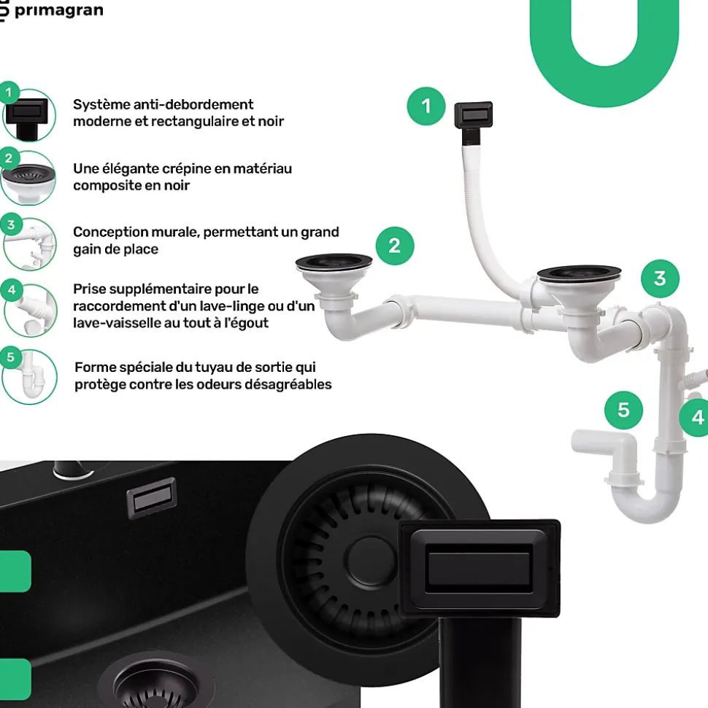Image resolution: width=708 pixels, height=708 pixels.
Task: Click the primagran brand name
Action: (x=59, y=10)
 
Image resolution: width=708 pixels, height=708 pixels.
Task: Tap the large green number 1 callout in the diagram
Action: (x=426, y=106)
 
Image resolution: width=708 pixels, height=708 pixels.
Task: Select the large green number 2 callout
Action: (x=395, y=246)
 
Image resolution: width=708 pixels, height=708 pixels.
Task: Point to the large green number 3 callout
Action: (x=660, y=279)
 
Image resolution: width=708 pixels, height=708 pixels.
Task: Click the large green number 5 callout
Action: (x=623, y=410)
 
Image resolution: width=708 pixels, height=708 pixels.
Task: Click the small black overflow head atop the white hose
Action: (x=474, y=114)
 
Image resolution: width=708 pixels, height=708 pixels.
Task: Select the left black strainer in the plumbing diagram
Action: (x=334, y=262)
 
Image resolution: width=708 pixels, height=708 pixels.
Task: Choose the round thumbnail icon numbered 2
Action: (x=28, y=178)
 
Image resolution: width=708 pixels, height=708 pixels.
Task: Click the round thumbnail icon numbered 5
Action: (x=29, y=376)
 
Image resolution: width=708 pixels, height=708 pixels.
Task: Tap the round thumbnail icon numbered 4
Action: (x=31, y=310)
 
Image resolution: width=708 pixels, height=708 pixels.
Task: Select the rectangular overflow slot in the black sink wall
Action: (x=152, y=498)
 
